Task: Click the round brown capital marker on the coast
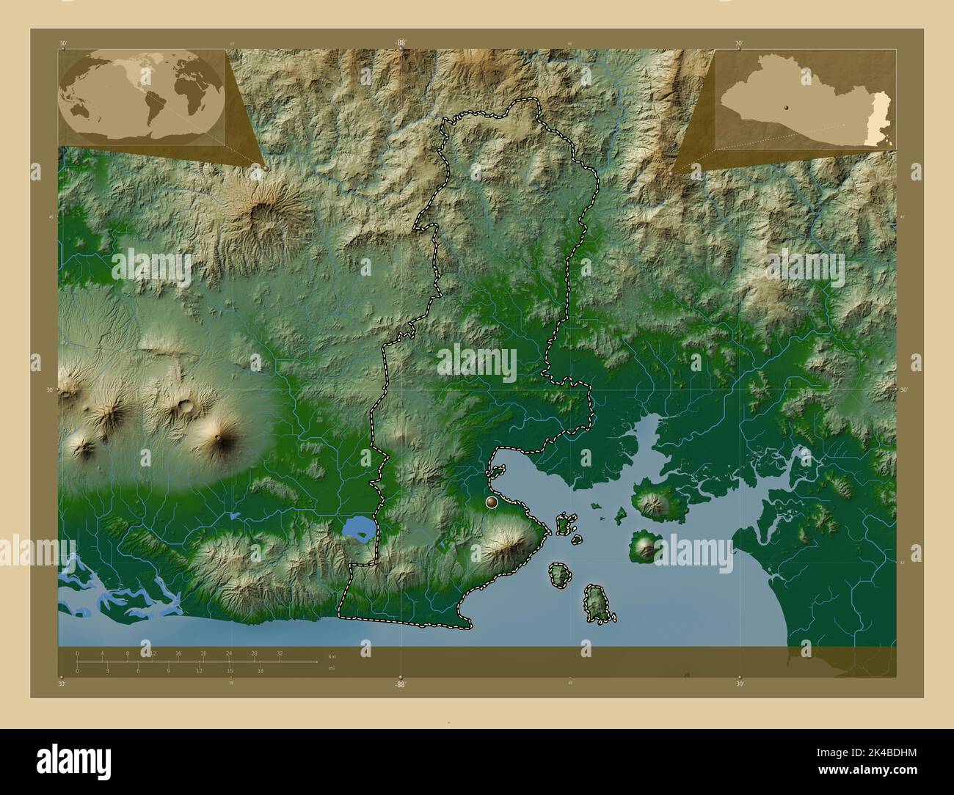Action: (x=492, y=502)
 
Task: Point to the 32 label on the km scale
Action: (x=280, y=653)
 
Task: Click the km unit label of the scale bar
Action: (x=332, y=656)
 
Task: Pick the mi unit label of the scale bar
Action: (x=332, y=667)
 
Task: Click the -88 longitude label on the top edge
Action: (x=400, y=43)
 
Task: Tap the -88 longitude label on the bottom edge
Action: (x=400, y=684)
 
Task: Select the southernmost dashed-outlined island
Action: (x=599, y=604)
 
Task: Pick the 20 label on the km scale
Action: (x=203, y=653)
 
